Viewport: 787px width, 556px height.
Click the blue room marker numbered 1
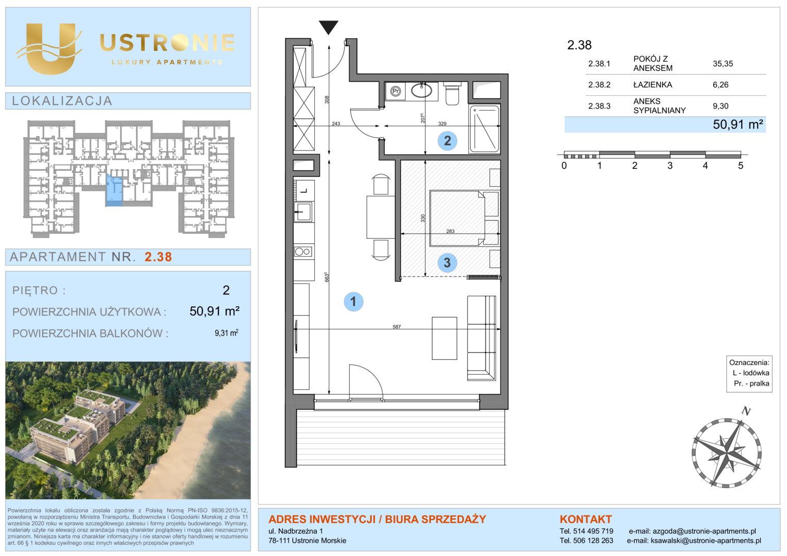[353, 302]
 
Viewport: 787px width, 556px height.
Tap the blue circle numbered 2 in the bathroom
[447, 141]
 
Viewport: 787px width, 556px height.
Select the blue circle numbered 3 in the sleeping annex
[447, 263]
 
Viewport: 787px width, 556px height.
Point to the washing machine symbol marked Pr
[396, 92]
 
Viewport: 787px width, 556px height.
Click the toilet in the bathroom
[452, 93]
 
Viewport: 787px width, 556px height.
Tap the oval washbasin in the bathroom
[421, 91]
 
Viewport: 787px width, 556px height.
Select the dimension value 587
[397, 326]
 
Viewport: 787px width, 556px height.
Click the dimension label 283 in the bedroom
[451, 231]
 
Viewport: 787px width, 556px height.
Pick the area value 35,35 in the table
[723, 63]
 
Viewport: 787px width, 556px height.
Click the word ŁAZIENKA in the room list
[653, 84]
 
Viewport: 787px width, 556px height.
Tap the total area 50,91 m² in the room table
[738, 125]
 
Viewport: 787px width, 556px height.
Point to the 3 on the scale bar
[670, 165]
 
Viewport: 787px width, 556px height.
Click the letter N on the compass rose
[746, 411]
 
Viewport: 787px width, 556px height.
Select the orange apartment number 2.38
[159, 257]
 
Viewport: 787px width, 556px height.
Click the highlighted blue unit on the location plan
[114, 190]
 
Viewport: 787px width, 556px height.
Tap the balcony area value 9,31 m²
[227, 333]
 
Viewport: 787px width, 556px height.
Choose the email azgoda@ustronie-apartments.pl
[704, 531]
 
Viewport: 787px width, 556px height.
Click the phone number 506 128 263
[593, 541]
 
